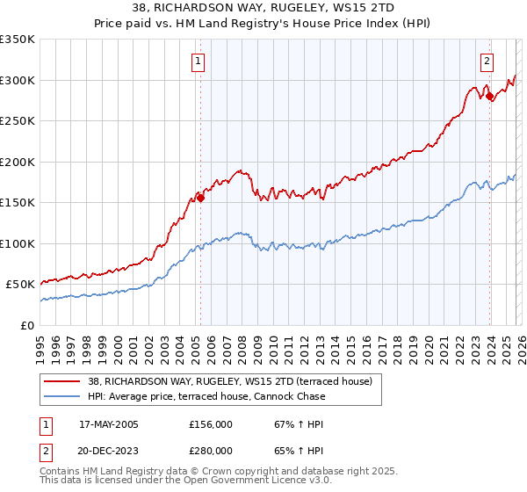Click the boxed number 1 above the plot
[x=199, y=61]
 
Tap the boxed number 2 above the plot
[x=486, y=61]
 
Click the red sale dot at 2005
[x=200, y=198]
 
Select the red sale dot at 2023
[x=489, y=96]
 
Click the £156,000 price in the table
[x=210, y=424]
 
